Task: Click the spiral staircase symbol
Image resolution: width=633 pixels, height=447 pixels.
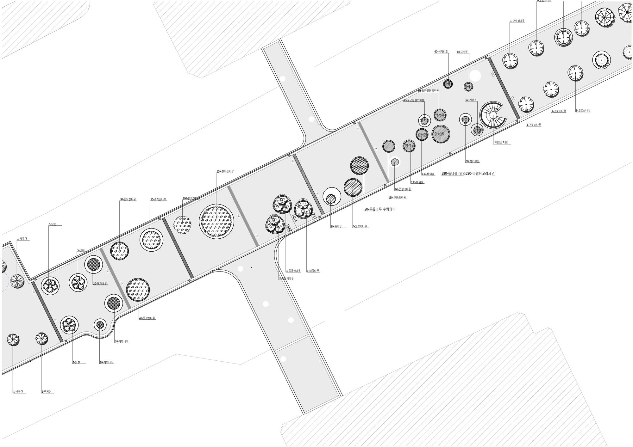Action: (x=492, y=115)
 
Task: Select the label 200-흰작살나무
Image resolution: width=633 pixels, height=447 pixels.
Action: (x=225, y=172)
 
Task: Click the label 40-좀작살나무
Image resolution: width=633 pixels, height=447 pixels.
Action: (x=147, y=318)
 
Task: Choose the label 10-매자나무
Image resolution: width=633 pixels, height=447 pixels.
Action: (x=106, y=362)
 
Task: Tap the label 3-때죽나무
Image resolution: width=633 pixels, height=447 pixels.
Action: (x=313, y=271)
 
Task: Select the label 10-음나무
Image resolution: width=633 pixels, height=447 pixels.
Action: (x=336, y=227)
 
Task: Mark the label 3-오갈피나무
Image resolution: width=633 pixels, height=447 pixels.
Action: (x=360, y=226)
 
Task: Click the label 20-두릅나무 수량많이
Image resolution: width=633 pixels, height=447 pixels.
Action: (x=380, y=209)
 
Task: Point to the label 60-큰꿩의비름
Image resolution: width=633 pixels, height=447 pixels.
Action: (x=403, y=189)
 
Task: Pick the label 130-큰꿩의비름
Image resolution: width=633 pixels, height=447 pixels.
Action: (x=397, y=198)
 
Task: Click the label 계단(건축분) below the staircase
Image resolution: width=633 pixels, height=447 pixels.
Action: (x=501, y=143)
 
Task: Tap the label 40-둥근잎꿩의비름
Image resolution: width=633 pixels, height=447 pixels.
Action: (x=413, y=100)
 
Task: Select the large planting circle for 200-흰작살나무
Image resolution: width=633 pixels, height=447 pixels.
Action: (x=216, y=221)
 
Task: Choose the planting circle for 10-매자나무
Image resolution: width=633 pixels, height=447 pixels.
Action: (x=100, y=325)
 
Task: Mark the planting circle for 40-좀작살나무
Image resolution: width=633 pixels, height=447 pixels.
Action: (x=138, y=290)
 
